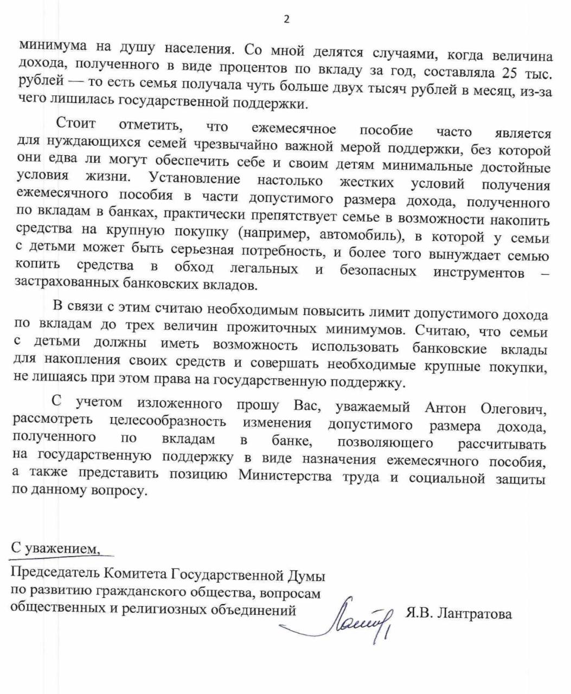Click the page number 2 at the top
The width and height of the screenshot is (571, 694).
coord(286,20)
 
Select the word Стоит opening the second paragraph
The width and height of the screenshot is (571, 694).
coord(76,124)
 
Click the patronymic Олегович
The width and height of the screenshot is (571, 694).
coord(511,408)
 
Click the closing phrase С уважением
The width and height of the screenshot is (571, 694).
coord(55,548)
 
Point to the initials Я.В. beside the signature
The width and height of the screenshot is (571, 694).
coord(418,614)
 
